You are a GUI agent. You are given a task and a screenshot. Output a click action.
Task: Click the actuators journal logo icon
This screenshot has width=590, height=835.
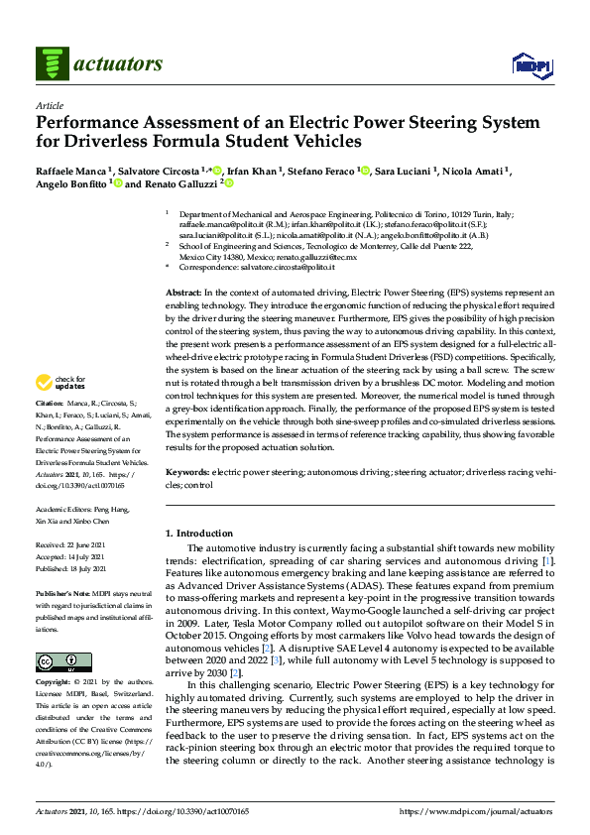(x=51, y=63)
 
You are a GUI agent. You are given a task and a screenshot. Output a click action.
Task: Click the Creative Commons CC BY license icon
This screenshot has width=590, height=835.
(x=57, y=661)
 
